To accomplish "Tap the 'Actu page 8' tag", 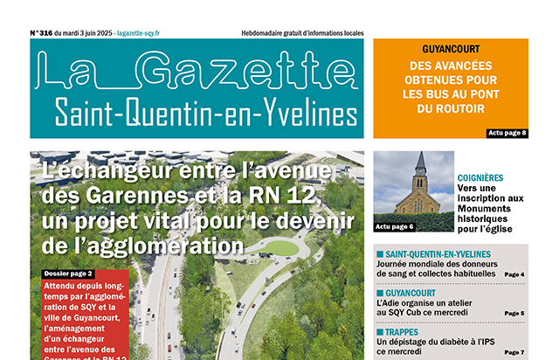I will tap(506, 132).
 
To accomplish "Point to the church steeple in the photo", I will tap(420, 164).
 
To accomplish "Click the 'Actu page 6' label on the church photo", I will tap(395, 226).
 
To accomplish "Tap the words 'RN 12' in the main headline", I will tap(296, 193).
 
